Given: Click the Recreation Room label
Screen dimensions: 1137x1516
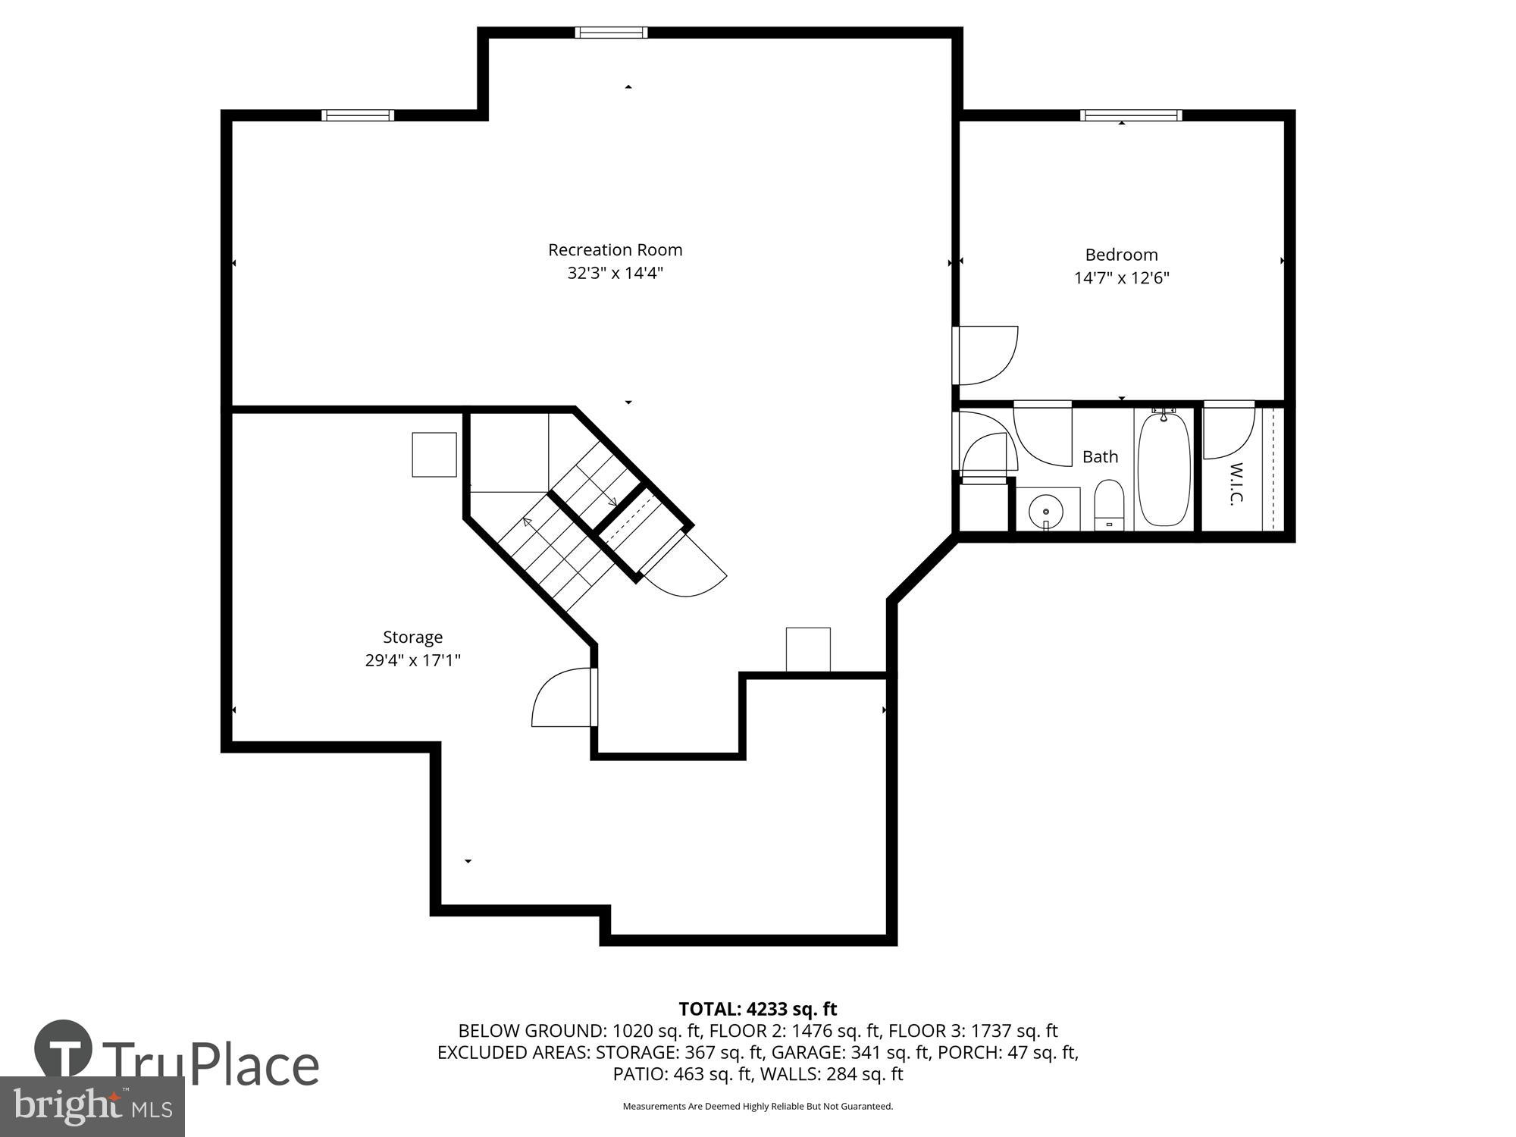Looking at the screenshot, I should point(615,250).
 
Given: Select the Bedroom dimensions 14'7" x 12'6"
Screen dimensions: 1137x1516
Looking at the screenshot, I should point(1121,277).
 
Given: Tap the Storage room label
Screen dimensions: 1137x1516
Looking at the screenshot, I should point(412,637).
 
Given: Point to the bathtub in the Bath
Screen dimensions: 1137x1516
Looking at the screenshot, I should point(1164,470).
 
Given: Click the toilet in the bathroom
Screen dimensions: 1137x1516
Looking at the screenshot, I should point(1109,503).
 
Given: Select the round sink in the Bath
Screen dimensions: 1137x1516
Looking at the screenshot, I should point(1046,510).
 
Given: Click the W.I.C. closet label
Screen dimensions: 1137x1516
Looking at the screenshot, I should point(1236,484).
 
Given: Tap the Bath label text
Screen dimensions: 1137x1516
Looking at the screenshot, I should point(1100,456).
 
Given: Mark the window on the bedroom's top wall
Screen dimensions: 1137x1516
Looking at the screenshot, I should point(1130,115).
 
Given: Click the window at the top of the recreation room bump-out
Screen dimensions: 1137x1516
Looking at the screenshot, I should point(611,33).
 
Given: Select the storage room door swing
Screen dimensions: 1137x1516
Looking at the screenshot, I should point(562,698).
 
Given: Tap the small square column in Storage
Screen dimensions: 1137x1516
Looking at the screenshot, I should point(434,454).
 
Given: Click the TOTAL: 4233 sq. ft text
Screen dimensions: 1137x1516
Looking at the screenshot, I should point(757,1009).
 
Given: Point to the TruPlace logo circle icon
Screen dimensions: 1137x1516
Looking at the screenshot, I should point(63,1049).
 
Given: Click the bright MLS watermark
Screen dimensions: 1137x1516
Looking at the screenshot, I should point(92,1107).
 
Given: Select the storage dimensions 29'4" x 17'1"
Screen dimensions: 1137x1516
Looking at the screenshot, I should point(412,660).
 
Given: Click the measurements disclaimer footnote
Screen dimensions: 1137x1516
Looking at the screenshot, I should point(757,1107).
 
